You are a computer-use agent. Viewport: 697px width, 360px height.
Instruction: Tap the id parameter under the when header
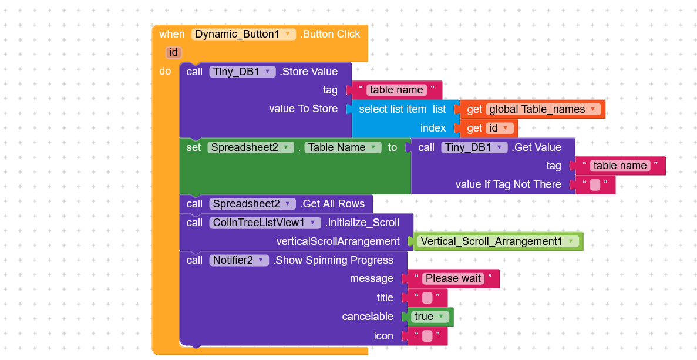(x=173, y=52)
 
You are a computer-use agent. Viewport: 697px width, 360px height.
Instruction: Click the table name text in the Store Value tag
(x=396, y=90)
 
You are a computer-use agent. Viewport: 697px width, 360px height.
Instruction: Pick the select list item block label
(x=393, y=109)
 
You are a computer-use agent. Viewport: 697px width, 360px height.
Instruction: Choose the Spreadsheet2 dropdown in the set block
(x=250, y=147)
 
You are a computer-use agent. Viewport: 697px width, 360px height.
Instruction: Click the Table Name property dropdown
(x=343, y=147)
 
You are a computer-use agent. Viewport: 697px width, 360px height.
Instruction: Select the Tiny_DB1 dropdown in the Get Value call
(x=474, y=147)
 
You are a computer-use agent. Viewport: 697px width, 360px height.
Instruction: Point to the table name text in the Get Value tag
(x=620, y=166)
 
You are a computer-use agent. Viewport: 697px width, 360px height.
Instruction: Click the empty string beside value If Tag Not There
(x=595, y=184)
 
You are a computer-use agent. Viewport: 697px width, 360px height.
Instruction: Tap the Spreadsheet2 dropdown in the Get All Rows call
(x=252, y=204)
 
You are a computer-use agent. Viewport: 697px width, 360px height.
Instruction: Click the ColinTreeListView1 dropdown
(x=265, y=223)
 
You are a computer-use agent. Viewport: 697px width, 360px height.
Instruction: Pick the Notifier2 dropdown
(x=239, y=260)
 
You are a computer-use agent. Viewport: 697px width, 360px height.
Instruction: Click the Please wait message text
(x=453, y=278)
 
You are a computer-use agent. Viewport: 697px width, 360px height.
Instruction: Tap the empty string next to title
(x=427, y=298)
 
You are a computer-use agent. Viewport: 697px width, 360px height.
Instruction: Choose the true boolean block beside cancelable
(x=429, y=317)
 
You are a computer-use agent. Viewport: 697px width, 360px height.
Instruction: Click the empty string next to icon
(x=427, y=336)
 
